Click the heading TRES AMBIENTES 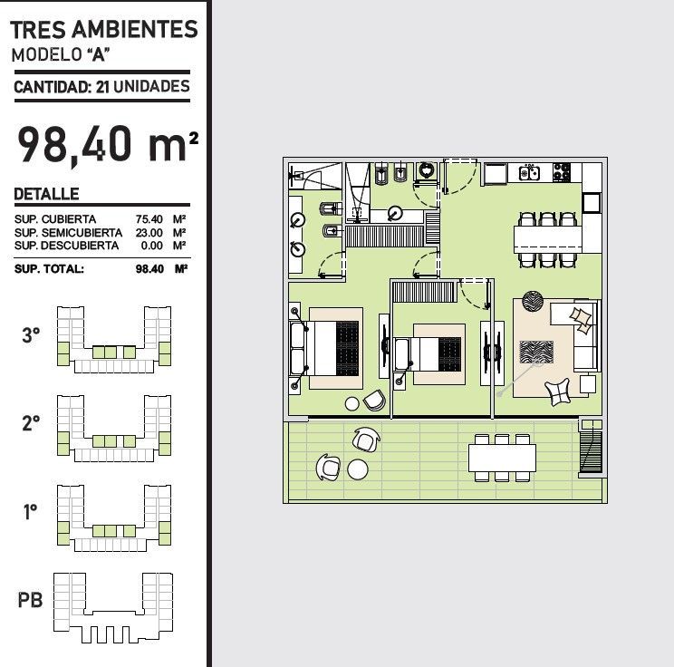click(104, 30)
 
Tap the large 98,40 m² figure click(108, 144)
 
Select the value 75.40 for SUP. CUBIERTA click(149, 219)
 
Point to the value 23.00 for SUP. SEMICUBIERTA click(149, 233)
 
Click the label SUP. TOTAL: click(49, 269)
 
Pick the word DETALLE click(46, 194)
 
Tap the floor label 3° click(31, 335)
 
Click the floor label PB click(30, 600)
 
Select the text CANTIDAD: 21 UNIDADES click(101, 86)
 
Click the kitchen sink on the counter click(529, 173)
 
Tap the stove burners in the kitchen click(562, 171)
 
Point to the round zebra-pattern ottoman click(533, 301)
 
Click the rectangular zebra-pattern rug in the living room click(536, 353)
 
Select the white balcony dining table click(502, 458)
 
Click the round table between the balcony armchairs click(358, 469)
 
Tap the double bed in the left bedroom click(324, 348)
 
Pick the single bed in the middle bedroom click(428, 354)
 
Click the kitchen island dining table click(548, 239)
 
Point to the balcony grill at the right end click(591, 448)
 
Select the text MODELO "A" click(61, 54)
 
